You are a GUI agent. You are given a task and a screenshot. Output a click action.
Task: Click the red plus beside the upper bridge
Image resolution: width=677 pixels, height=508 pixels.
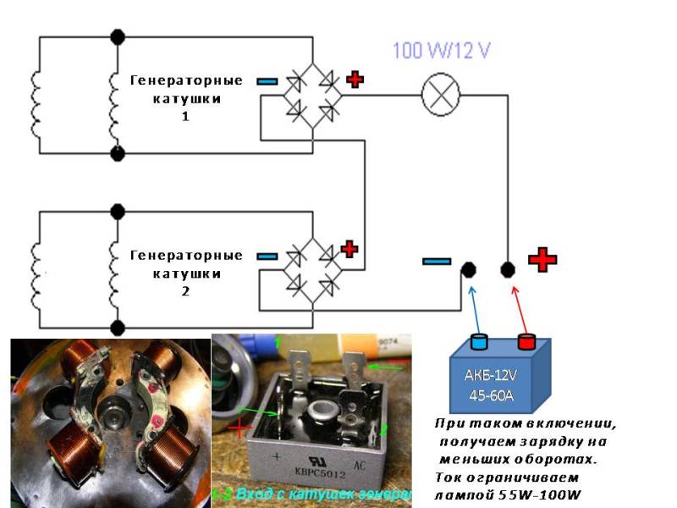pyautogui.click(x=355, y=80)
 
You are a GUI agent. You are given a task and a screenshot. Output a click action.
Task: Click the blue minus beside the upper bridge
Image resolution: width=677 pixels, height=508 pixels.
pyautogui.click(x=267, y=81)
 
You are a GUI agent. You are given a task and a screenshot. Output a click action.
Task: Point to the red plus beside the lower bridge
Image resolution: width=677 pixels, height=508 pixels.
pyautogui.click(x=349, y=250)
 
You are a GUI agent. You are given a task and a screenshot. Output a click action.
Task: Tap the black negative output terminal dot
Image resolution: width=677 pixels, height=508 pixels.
pyautogui.click(x=468, y=269)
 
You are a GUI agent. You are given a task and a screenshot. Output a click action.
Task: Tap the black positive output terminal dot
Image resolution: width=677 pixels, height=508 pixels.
pyautogui.click(x=508, y=269)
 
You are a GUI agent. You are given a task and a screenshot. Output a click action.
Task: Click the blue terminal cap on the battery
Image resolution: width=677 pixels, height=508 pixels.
pyautogui.click(x=480, y=342)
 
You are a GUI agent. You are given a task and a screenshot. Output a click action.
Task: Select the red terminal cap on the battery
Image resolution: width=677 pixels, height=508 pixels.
pyautogui.click(x=526, y=341)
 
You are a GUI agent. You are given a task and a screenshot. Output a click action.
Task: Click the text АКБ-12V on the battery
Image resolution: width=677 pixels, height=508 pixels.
pyautogui.click(x=497, y=376)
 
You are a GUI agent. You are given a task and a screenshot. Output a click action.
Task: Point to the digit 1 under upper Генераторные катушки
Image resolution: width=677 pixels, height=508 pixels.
pyautogui.click(x=185, y=116)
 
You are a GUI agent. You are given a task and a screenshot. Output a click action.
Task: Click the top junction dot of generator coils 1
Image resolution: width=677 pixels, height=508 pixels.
pyautogui.click(x=118, y=37)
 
